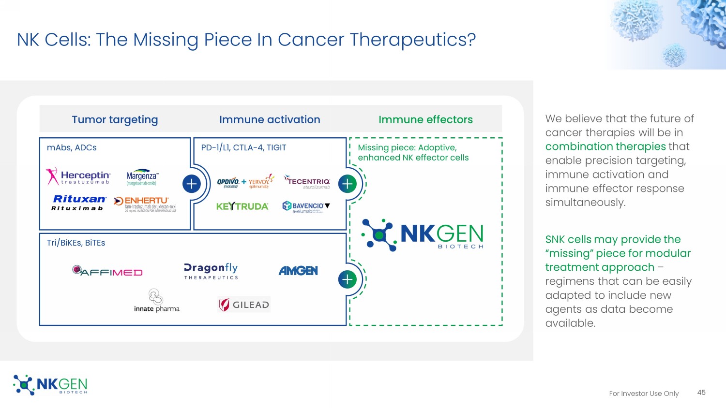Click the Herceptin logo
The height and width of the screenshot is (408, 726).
(78, 176)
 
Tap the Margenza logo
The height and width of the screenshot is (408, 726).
(142, 177)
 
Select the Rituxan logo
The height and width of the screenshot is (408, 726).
(79, 203)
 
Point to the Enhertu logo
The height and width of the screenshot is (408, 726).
(145, 204)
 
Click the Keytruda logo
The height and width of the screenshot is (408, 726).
(242, 206)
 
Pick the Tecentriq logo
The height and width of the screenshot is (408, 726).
(307, 182)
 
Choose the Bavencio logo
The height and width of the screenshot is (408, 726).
(306, 207)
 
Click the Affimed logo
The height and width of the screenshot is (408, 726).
(107, 271)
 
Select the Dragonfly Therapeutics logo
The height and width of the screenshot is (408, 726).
(211, 271)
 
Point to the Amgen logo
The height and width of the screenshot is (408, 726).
(298, 271)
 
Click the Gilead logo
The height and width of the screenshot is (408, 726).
(244, 305)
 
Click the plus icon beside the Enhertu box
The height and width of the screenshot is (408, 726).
(192, 184)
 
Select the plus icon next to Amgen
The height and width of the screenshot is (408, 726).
(348, 279)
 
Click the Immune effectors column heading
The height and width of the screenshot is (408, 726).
(425, 119)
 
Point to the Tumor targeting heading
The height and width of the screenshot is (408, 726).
(115, 119)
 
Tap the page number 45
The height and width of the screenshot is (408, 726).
(701, 393)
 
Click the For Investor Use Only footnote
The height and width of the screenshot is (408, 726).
(644, 393)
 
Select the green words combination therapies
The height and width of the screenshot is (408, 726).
(605, 146)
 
